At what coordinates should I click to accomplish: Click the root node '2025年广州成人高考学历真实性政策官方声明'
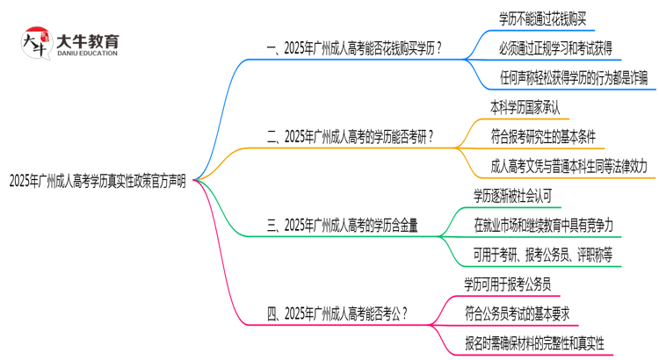pyautogui.click(x=98, y=181)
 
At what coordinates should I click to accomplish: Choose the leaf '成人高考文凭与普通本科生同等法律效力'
pyautogui.click(x=569, y=165)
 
